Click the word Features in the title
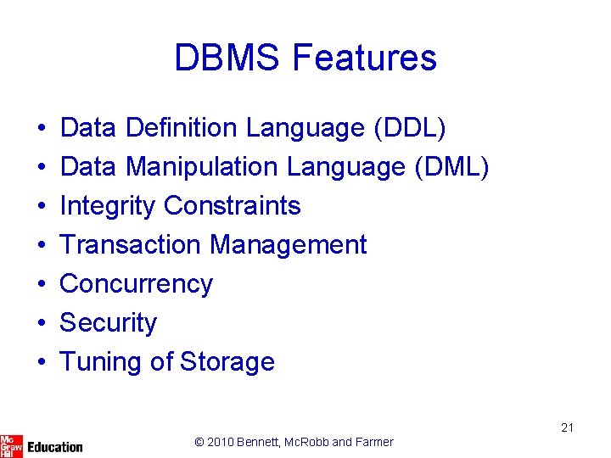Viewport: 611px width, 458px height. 363,58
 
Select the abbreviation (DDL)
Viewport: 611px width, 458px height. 409,128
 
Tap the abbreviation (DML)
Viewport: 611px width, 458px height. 451,167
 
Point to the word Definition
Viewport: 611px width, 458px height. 181,128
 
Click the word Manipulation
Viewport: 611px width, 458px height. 202,167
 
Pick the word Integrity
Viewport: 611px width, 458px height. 108,206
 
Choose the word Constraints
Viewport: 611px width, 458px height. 232,206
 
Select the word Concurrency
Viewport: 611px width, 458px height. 136,284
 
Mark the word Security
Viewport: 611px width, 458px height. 108,323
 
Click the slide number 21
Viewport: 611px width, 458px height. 567,427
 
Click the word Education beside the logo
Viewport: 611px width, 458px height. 55,446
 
